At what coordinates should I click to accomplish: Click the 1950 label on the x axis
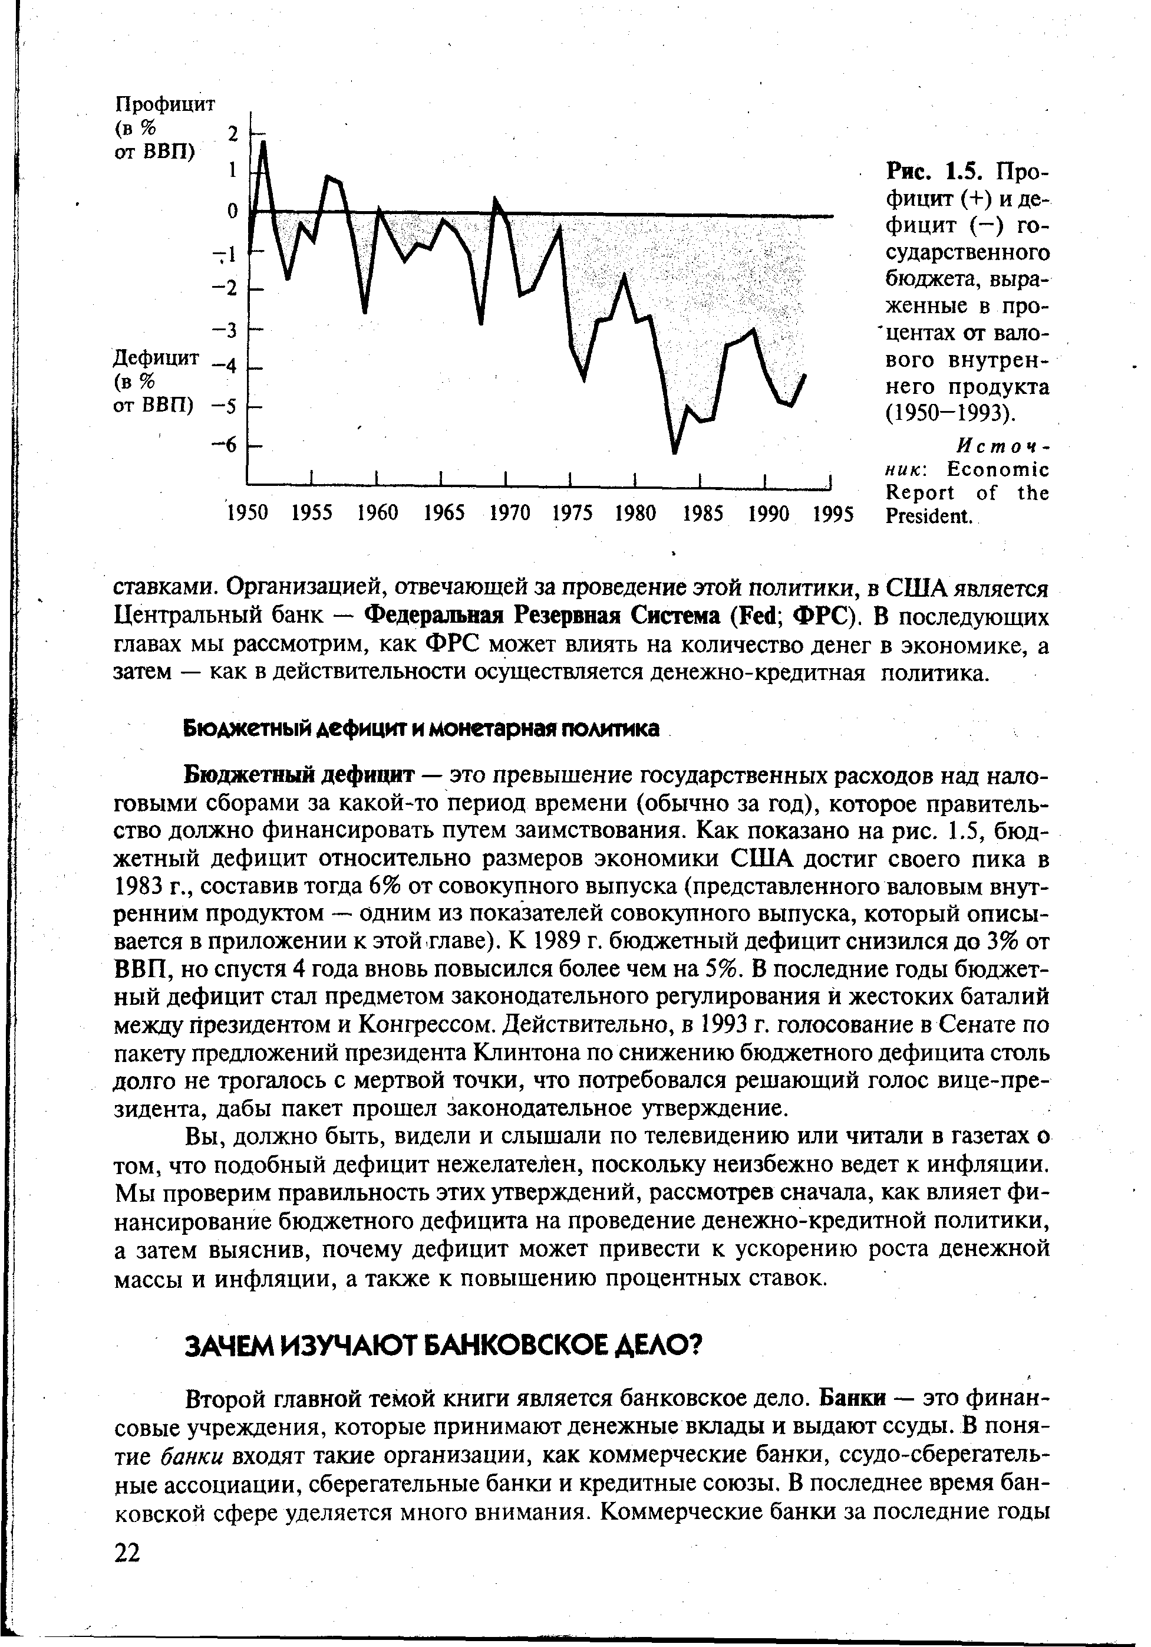pos(248,514)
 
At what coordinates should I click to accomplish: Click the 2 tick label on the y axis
pos(232,133)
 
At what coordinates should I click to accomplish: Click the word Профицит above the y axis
pos(165,105)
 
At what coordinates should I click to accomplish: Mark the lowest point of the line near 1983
pos(674,452)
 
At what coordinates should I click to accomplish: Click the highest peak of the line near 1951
pos(263,142)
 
